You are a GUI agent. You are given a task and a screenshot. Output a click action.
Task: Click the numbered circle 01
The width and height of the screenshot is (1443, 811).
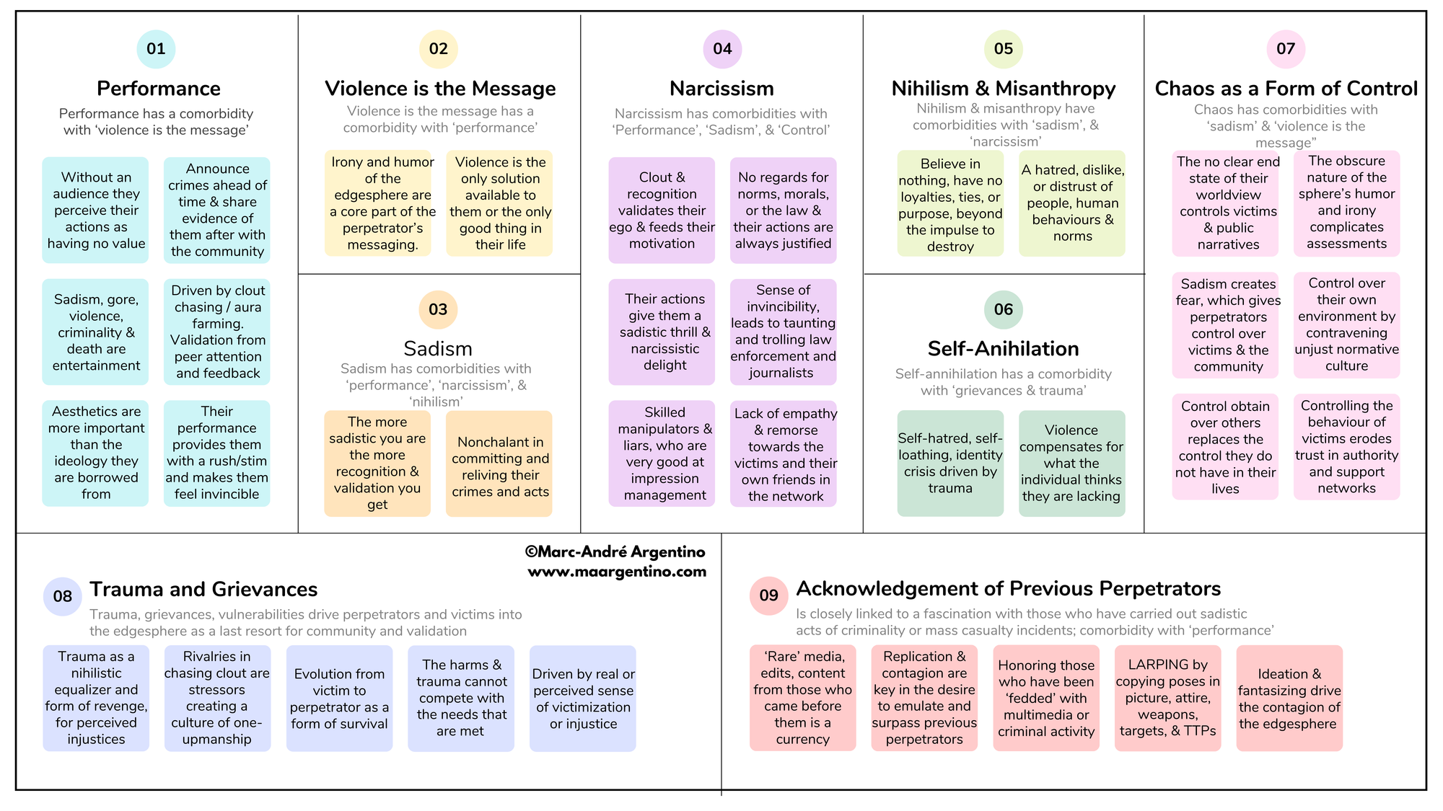156,49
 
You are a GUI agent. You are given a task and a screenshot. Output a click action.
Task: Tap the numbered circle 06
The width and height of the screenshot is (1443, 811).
1003,309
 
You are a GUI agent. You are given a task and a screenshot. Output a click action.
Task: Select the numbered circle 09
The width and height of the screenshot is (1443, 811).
768,595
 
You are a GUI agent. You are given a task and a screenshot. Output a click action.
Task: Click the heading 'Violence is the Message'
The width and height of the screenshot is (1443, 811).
440,89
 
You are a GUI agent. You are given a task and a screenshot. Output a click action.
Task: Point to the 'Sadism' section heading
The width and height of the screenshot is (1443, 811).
438,349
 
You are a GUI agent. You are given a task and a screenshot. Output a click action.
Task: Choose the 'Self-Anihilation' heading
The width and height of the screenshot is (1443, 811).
1003,349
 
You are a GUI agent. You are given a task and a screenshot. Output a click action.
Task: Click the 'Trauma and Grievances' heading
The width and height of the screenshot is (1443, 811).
203,590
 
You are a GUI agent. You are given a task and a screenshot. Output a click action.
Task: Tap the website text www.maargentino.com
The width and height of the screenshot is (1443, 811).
617,572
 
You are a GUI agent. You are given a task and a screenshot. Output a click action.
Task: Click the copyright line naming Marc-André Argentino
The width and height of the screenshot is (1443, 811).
615,552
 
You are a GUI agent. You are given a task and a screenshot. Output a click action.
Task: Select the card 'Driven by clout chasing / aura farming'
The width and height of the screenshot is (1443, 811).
217,332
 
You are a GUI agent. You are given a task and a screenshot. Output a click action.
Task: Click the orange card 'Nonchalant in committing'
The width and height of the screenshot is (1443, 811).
499,464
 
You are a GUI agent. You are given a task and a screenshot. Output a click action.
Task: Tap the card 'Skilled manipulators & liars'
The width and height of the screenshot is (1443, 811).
662,453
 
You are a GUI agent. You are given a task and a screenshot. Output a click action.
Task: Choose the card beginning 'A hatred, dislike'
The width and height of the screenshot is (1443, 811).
1072,203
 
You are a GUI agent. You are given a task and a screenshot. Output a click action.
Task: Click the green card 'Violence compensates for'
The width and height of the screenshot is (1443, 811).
1071,463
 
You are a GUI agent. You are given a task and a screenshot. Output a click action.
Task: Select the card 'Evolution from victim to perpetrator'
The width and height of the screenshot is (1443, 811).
339,699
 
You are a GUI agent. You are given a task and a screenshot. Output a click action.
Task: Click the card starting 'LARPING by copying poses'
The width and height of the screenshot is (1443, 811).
1167,698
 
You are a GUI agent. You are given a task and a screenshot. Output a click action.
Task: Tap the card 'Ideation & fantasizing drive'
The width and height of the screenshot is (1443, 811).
1289,699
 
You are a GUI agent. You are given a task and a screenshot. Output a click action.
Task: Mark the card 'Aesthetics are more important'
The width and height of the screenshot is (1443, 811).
95,453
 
